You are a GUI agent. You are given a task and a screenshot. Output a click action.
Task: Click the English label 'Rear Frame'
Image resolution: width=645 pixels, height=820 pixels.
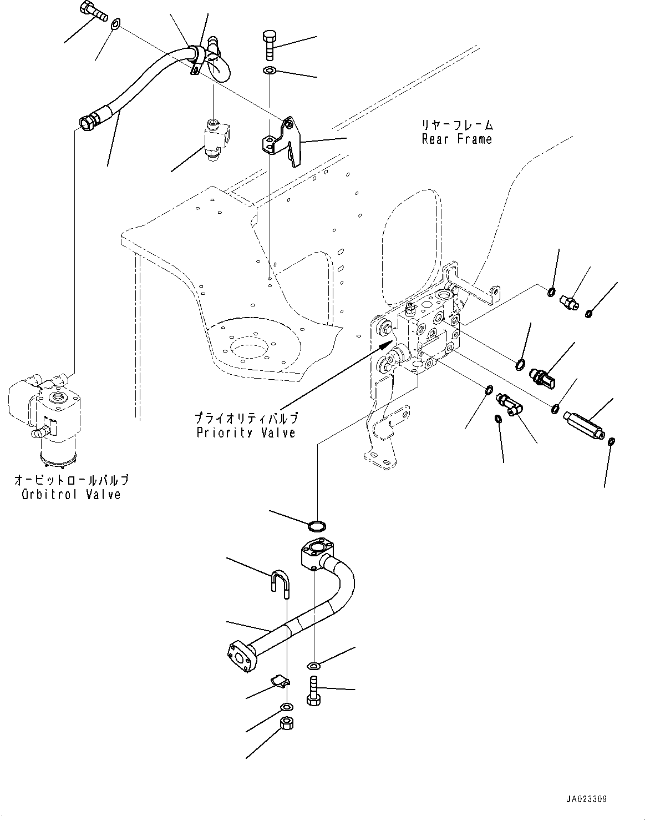456,139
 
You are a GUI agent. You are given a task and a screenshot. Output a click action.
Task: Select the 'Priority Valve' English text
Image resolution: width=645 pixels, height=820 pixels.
246,432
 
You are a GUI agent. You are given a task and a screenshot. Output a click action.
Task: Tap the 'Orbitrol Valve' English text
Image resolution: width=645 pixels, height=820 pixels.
71,494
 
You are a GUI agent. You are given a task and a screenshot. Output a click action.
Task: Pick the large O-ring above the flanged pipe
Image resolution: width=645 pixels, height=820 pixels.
317,524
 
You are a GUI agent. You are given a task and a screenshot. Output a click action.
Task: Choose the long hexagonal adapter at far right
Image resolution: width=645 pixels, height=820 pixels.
582,425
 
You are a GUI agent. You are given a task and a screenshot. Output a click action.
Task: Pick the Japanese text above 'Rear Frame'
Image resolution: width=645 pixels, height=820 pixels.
456,125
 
